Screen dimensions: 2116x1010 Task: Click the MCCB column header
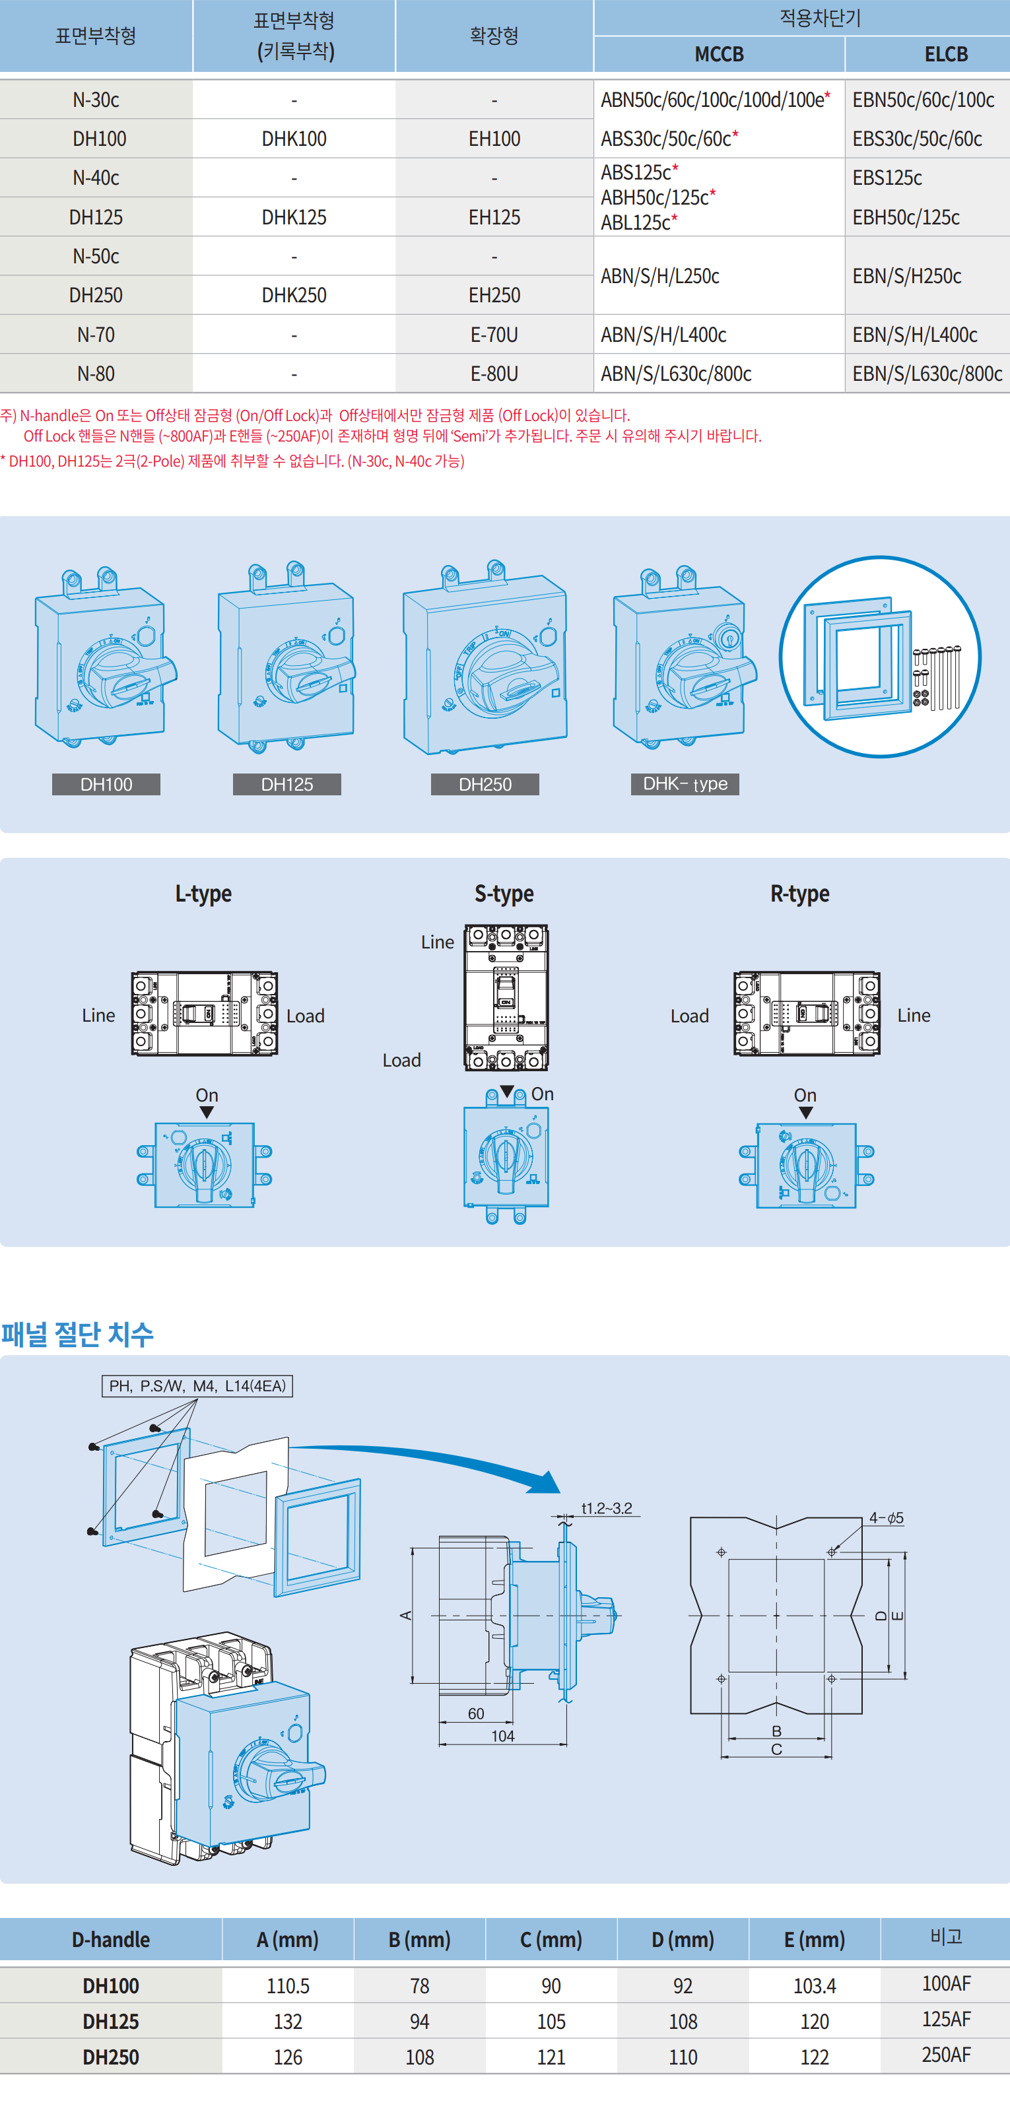pos(718,54)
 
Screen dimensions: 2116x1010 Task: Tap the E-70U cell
pos(494,335)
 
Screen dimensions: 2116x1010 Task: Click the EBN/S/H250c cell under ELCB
pos(906,276)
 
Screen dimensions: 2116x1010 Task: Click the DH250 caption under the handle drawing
pos(485,785)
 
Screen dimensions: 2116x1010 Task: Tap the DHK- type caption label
pos(685,783)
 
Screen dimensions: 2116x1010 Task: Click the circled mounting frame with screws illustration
pos(879,656)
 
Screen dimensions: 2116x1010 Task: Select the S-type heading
pos(504,893)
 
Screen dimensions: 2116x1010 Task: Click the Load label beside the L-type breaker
pos(305,1016)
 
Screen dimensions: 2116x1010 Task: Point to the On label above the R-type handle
pos(805,1095)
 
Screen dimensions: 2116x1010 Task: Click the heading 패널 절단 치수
pos(77,1333)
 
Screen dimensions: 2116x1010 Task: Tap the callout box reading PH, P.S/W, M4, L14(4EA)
pos(197,1386)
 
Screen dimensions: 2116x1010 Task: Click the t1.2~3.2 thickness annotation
pos(607,1508)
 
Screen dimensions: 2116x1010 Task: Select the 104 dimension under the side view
pos(502,1736)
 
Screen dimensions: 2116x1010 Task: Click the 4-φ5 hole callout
pos(886,1518)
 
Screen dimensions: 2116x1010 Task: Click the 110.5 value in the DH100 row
pos(288,1985)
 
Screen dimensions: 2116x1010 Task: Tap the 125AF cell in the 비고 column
pos(945,2019)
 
